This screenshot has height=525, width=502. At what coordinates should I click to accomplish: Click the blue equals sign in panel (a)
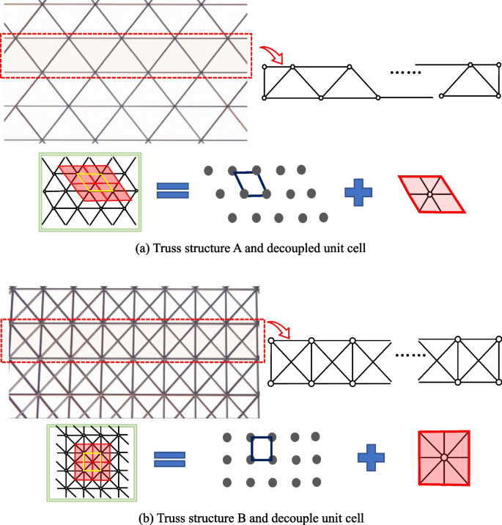173,191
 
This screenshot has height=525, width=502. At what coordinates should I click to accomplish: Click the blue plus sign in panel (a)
358,192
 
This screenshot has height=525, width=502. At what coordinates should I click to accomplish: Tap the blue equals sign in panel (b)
170,459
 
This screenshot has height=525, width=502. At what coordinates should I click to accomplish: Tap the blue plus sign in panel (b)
371,458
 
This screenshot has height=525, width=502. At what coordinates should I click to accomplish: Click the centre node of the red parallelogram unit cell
430,194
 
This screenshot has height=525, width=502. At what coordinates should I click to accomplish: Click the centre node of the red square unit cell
444,458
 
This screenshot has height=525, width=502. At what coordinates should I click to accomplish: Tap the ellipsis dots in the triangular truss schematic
405,73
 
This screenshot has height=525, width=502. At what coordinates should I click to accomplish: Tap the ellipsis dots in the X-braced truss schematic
410,355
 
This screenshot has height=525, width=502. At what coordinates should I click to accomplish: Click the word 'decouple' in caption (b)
293,518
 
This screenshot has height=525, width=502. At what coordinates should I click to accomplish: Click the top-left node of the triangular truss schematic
265,67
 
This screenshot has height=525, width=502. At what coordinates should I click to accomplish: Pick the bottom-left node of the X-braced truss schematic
271,383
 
